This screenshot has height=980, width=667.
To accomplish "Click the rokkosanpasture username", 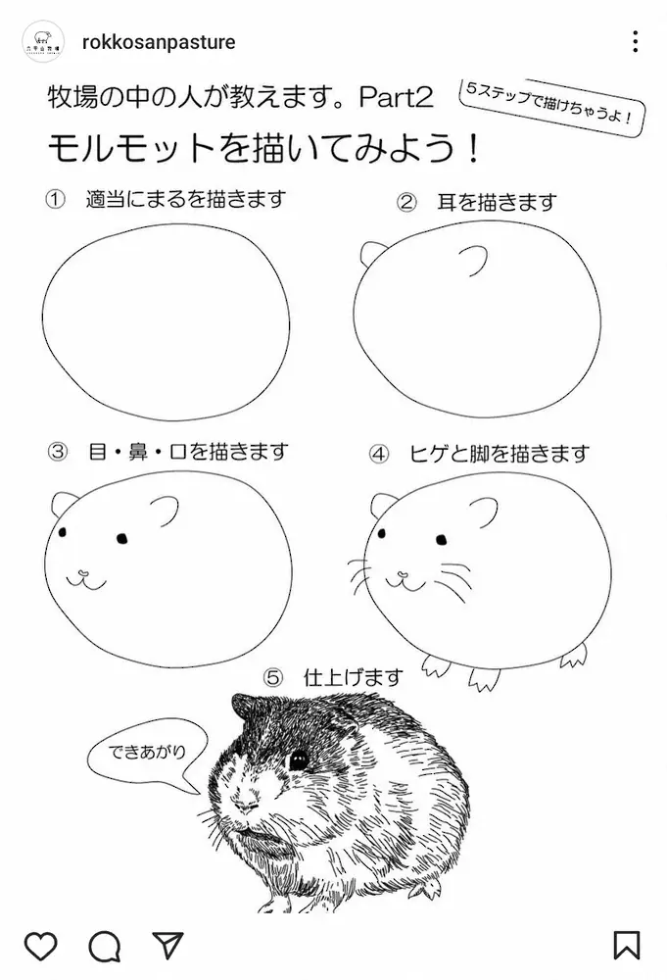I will (159, 42).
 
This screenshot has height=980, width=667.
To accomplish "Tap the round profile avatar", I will (43, 42).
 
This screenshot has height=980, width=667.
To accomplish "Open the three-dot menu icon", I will (636, 42).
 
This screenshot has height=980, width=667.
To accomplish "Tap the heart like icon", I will (40, 945).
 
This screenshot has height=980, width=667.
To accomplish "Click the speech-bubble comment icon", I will (104, 945).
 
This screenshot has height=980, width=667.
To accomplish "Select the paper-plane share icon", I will (167, 945).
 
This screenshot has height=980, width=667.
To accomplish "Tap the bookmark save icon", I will (627, 945).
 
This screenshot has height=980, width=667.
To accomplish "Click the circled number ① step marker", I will (56, 200).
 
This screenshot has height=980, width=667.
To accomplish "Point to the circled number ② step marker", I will (407, 202).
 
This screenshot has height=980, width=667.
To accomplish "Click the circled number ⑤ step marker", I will (273, 677).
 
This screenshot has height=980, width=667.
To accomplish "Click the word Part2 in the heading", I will (397, 97).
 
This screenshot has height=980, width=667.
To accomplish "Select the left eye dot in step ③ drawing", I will (62, 533).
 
